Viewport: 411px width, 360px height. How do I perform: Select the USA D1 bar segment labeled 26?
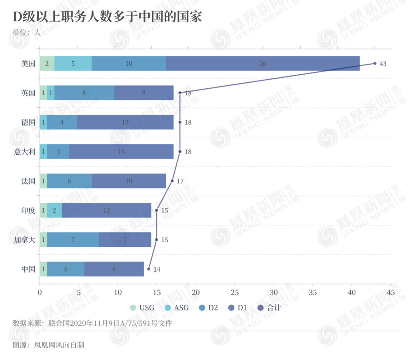coord(263,63)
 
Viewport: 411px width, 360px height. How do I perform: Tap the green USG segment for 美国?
coord(47,63)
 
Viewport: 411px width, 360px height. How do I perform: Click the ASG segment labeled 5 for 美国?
coord(73,63)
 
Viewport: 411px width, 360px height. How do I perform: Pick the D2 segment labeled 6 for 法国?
coord(69,181)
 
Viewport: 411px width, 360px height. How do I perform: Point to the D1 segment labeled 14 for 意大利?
coord(121,152)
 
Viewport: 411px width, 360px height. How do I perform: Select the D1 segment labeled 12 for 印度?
coord(107,210)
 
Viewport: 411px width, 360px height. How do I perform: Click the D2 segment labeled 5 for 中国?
coord(65,269)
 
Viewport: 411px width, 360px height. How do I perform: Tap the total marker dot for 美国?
coord(375,63)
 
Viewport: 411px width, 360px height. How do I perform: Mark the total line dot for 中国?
coord(149,269)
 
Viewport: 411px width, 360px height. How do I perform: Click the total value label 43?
coord(383,64)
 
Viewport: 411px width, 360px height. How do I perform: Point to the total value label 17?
coord(180,181)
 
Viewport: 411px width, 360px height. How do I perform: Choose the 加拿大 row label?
coord(24,240)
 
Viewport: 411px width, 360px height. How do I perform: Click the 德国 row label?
coord(28,122)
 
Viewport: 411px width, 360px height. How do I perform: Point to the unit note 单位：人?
coord(27,32)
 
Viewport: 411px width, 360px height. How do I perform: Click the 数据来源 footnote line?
coord(92,323)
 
